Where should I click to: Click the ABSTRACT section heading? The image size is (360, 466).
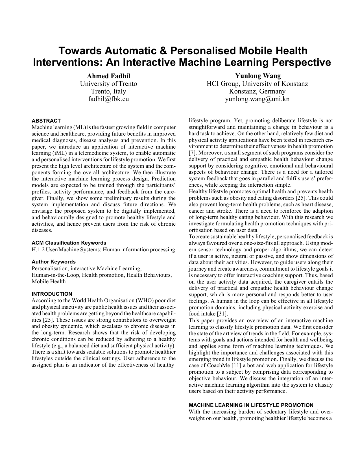click(46, 121)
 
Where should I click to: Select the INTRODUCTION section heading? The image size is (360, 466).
click(52, 294)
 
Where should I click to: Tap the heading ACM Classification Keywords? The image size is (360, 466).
click(69, 243)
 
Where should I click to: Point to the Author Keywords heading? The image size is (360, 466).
click(54, 262)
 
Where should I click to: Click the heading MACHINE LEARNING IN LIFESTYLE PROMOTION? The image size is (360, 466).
click(251, 405)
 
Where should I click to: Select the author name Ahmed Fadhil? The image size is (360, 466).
click(108, 76)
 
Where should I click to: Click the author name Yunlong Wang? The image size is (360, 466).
click(258, 76)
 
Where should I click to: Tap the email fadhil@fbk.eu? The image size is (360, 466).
click(108, 99)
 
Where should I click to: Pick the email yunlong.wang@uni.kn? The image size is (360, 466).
click(257, 99)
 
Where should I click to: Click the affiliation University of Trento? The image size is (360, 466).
click(108, 84)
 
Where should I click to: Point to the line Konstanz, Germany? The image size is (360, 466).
click(257, 92)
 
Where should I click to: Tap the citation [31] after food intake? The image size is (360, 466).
click(222, 314)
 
